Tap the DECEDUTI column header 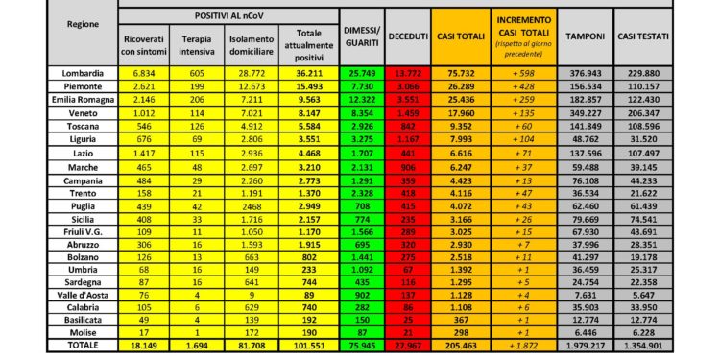pos(409,36)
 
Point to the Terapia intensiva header pos(198,41)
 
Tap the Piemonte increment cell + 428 pos(524,86)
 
